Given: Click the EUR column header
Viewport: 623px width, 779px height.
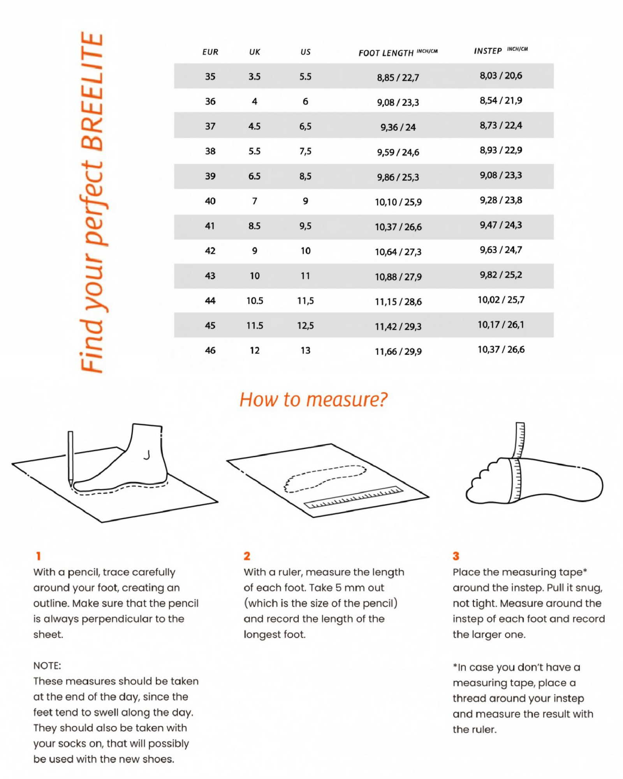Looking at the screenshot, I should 210,52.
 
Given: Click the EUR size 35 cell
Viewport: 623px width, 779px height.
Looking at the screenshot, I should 210,76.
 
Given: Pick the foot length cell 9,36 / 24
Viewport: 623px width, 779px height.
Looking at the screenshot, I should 398,127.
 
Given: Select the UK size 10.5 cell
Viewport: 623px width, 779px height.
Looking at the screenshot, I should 255,301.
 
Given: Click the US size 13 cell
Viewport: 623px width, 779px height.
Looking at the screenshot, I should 305,351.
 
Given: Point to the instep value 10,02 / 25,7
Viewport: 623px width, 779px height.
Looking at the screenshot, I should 501,300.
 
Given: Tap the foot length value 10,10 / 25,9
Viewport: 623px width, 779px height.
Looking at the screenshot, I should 398,202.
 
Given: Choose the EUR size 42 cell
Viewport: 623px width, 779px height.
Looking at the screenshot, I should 210,251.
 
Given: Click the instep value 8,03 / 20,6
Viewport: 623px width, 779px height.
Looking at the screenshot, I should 501,76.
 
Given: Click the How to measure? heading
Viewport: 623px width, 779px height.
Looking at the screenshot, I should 313,400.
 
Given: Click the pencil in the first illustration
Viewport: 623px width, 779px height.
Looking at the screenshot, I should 70,458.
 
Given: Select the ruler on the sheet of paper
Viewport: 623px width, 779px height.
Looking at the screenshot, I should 354,497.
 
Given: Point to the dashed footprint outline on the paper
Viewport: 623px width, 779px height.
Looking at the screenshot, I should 325,478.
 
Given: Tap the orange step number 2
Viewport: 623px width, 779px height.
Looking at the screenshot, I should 247,556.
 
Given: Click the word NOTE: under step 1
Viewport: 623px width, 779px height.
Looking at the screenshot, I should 47,666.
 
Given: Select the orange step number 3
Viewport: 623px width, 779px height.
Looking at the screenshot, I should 456,556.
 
